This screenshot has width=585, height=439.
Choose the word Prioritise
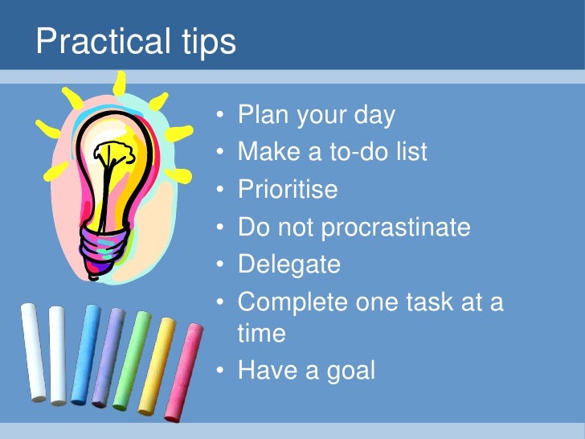click(288, 190)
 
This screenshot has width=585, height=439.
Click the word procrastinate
click(395, 228)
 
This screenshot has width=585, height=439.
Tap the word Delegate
click(289, 265)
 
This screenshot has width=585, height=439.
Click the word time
click(262, 333)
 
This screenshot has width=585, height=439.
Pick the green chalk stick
click(131, 359)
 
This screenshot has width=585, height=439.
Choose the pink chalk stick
click(184, 370)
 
